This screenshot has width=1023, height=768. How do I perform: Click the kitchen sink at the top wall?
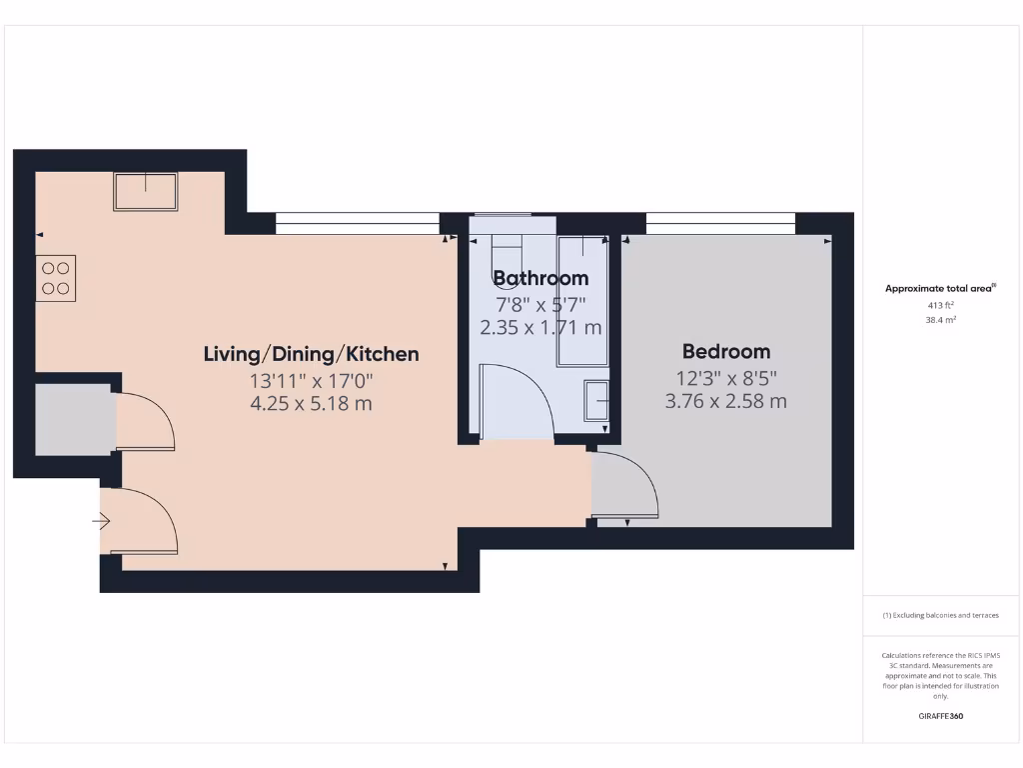click(145, 191)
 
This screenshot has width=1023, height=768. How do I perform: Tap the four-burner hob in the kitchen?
click(56, 278)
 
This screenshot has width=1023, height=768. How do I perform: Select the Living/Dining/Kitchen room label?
click(311, 354)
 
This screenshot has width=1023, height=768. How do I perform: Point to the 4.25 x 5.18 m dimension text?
click(311, 404)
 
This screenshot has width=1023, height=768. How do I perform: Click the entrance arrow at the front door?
click(101, 521)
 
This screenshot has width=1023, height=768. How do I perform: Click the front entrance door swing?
click(140, 521)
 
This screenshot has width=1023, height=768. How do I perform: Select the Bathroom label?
click(540, 278)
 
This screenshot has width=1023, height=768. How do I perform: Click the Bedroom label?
click(726, 351)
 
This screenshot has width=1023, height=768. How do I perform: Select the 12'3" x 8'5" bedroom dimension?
click(726, 378)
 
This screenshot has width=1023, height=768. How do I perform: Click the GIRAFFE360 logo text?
click(940, 716)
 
